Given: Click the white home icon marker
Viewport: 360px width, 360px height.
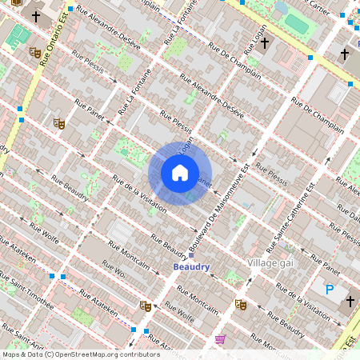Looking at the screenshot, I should (x=180, y=173).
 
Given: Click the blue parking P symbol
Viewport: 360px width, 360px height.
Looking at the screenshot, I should (x=329, y=289).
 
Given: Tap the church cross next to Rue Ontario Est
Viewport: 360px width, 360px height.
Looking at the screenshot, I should (x=35, y=15).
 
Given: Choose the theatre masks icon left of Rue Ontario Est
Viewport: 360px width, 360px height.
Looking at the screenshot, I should (x=34, y=52).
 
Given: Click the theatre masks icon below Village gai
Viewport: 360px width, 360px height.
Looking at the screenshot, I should (x=239, y=304).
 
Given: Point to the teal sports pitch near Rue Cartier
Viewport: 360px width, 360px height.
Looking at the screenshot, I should (x=297, y=24).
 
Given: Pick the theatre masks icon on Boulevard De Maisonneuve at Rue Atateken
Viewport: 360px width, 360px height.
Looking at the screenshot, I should (x=145, y=305).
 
